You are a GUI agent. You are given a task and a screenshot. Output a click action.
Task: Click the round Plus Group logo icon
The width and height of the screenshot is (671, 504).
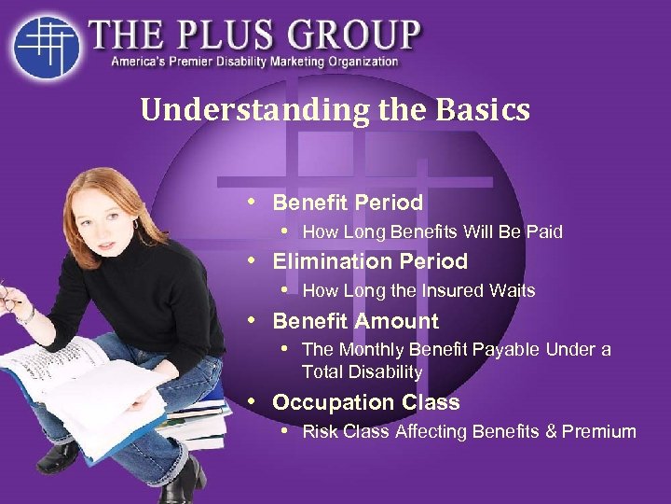[x=46, y=45]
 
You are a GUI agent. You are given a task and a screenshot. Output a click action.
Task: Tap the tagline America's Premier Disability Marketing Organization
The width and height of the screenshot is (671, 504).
[x=254, y=63]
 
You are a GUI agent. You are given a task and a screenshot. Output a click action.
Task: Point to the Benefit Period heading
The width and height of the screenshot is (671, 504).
[x=348, y=203]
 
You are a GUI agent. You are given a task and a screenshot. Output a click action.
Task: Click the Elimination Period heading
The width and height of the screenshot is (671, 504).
[x=369, y=261]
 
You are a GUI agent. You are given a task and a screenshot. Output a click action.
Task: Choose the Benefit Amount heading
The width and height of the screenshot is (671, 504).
[x=355, y=321]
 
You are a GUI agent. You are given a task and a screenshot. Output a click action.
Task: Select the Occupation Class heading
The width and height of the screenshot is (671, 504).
[x=365, y=402]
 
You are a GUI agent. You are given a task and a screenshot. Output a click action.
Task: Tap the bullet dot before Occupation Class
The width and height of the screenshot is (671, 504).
[x=253, y=401]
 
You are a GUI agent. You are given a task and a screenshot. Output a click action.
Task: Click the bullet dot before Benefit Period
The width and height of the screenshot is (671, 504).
[x=253, y=202]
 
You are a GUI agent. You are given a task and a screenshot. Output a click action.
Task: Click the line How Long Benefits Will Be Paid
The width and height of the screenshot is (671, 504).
[x=432, y=231]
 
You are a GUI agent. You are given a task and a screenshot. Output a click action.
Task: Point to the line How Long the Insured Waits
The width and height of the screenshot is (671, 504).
[x=418, y=290]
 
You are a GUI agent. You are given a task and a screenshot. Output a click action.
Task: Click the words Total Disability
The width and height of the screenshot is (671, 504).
[x=362, y=371]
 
